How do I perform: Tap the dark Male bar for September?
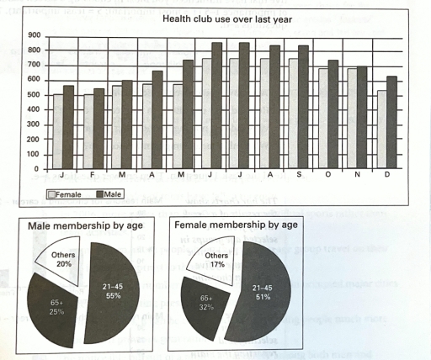point(303,107)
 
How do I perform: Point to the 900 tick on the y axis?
point(35,36)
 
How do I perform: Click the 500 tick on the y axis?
point(35,95)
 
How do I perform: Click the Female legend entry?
point(69,194)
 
